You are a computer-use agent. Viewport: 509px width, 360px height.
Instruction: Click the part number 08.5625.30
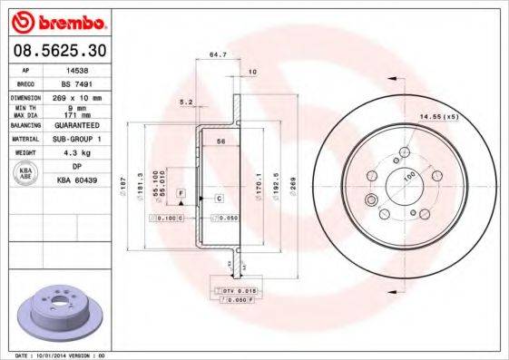tap(56, 48)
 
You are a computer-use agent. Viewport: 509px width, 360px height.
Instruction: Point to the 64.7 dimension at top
tap(217, 56)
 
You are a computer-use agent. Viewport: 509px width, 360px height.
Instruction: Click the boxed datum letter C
tap(219, 197)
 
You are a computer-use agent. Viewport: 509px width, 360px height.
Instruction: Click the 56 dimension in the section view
tap(220, 142)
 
